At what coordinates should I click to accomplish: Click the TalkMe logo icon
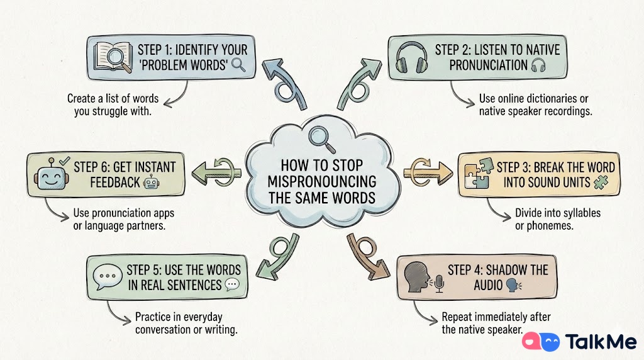tap(541, 342)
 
